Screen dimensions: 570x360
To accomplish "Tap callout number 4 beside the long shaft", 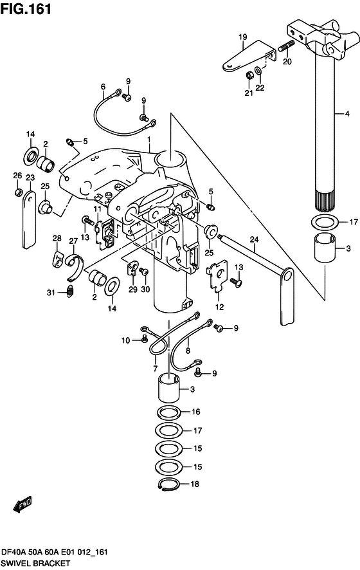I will [347, 114].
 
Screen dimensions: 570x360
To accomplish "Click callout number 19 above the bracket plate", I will [244, 37].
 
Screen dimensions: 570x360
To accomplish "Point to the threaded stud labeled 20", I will [287, 47].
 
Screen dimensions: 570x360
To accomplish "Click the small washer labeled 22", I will [258, 69].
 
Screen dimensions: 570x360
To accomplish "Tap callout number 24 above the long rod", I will [255, 241].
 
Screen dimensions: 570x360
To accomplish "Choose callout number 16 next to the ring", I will [196, 412].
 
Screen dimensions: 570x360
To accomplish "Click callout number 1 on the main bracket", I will [148, 140].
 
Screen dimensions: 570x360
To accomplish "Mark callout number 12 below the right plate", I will [219, 308].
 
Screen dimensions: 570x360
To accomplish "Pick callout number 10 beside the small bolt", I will [127, 340].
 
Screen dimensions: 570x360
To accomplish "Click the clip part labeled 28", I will [58, 259].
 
